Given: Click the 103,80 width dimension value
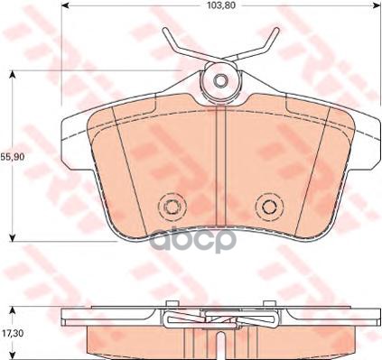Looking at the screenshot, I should tap(219, 6).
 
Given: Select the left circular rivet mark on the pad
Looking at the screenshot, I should tap(168, 207).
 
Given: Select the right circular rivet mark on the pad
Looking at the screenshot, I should tap(268, 207).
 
